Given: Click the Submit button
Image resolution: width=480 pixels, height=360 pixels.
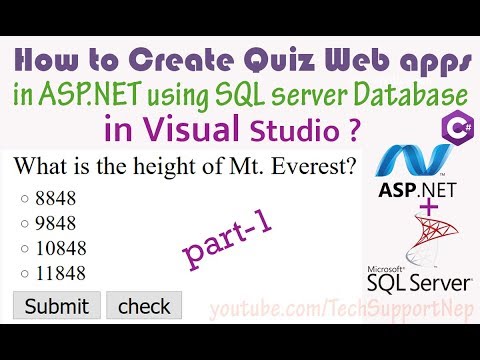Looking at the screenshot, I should (56, 305).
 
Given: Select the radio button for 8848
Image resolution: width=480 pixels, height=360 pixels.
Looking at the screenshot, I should (23, 199).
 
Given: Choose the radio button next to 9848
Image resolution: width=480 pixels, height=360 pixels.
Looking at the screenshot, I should (23, 223).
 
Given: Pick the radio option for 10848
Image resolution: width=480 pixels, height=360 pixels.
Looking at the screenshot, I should (23, 247).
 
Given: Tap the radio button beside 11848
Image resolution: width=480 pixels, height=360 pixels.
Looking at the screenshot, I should (23, 272).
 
